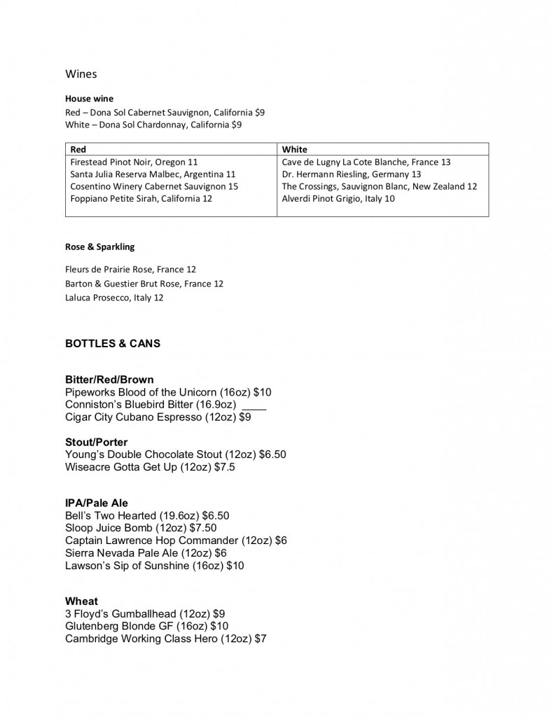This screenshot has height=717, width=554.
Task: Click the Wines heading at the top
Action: coord(81,73)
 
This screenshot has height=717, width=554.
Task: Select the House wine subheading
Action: coord(89,99)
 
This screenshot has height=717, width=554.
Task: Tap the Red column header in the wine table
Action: coord(78,149)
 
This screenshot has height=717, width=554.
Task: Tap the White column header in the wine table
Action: coord(294,149)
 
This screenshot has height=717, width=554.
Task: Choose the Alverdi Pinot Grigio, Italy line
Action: coord(338,199)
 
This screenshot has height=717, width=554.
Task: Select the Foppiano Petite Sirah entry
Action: coord(141,199)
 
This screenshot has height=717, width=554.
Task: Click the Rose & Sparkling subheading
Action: coord(99,246)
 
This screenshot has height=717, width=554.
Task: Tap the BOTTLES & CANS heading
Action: coord(113,344)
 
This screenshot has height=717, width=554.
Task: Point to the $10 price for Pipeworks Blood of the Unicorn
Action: coord(262,392)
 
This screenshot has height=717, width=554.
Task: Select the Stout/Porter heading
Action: coord(96,442)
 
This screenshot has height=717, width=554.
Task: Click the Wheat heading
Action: coord(81,601)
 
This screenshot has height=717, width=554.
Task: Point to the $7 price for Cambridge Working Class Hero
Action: coord(261,639)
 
